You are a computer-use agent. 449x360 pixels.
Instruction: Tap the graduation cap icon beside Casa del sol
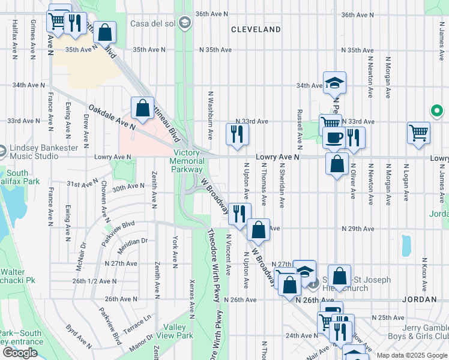point(186,23)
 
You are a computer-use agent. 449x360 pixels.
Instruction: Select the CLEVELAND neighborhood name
point(256,29)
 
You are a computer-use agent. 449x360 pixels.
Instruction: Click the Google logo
point(20,353)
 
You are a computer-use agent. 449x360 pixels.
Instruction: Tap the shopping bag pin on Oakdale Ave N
point(142,109)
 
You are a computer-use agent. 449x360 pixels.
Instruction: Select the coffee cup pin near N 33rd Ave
point(334,137)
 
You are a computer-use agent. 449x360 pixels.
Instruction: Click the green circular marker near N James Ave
point(437,111)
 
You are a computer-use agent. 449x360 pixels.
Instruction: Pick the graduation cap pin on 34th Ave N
point(334,83)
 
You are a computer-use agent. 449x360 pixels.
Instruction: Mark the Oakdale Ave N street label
point(112,118)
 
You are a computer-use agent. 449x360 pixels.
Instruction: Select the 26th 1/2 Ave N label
point(95,281)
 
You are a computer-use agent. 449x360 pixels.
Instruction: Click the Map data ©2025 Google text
point(412,355)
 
